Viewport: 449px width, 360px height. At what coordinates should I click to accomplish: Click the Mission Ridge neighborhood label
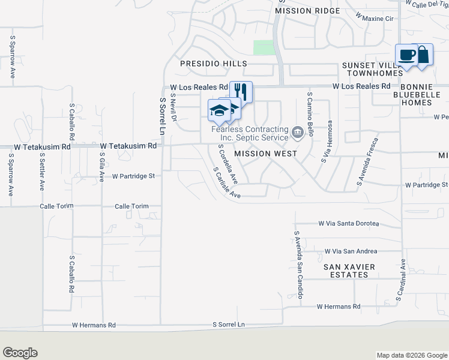[302, 11]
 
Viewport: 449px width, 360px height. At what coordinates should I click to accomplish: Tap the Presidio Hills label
[214, 64]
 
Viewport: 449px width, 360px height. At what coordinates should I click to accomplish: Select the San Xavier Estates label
[349, 271]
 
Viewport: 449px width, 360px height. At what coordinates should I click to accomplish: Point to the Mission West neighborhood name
[265, 154]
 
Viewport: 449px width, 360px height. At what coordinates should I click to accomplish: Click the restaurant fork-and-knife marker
[241, 91]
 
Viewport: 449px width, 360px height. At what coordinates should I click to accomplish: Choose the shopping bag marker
[423, 54]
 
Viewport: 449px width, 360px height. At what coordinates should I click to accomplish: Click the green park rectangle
[263, 48]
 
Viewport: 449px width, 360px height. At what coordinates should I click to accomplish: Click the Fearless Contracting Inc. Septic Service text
[250, 133]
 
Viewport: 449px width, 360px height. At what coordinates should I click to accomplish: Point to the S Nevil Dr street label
[173, 106]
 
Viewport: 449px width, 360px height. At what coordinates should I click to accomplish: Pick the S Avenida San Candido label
[297, 265]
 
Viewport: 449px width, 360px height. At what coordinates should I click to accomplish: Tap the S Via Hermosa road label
[327, 142]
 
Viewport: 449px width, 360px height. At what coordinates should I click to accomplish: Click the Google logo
[20, 353]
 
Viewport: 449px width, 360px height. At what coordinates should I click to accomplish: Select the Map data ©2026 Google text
[411, 355]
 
